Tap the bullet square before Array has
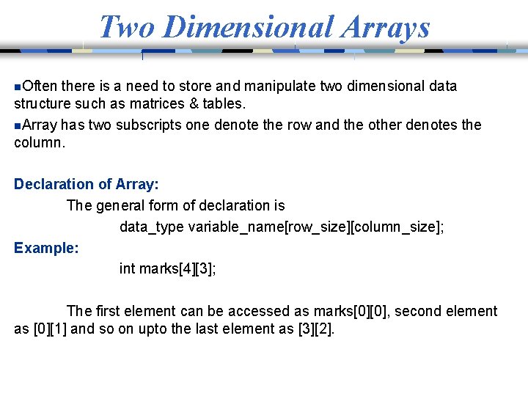pyautogui.click(x=18, y=125)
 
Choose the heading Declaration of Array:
pyautogui.click(x=87, y=184)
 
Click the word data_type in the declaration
pyautogui.click(x=152, y=227)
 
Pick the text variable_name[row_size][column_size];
pyautogui.click(x=316, y=227)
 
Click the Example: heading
pyautogui.click(x=46, y=248)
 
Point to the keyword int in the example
pyautogui.click(x=127, y=269)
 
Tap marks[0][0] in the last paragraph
pyautogui.click(x=342, y=312)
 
